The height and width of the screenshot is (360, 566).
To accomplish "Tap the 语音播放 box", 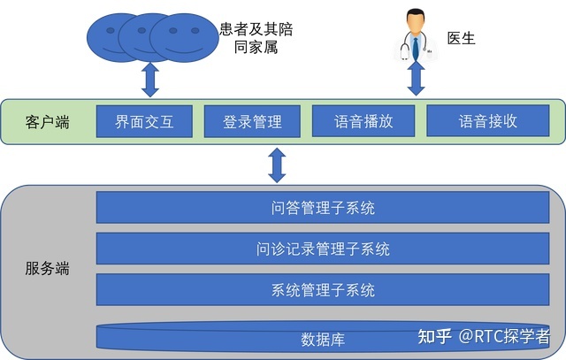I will [363, 122].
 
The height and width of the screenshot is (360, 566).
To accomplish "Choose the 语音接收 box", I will [487, 122].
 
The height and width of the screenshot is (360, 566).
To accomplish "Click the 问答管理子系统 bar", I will [322, 209].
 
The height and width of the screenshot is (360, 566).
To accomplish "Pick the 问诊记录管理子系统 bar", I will [322, 249].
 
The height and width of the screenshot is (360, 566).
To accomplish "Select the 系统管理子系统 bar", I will [322, 290].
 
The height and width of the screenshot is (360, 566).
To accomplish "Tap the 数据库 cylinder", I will [322, 338].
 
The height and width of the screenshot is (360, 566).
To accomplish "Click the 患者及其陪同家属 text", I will [256, 38].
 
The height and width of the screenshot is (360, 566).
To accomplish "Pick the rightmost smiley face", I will [182, 37].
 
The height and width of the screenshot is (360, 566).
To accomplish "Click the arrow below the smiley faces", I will [150, 80].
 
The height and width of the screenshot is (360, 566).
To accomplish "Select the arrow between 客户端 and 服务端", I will [278, 165].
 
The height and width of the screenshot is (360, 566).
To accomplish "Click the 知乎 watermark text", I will [434, 336].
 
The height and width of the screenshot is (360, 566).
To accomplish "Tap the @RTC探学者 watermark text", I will [503, 336].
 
